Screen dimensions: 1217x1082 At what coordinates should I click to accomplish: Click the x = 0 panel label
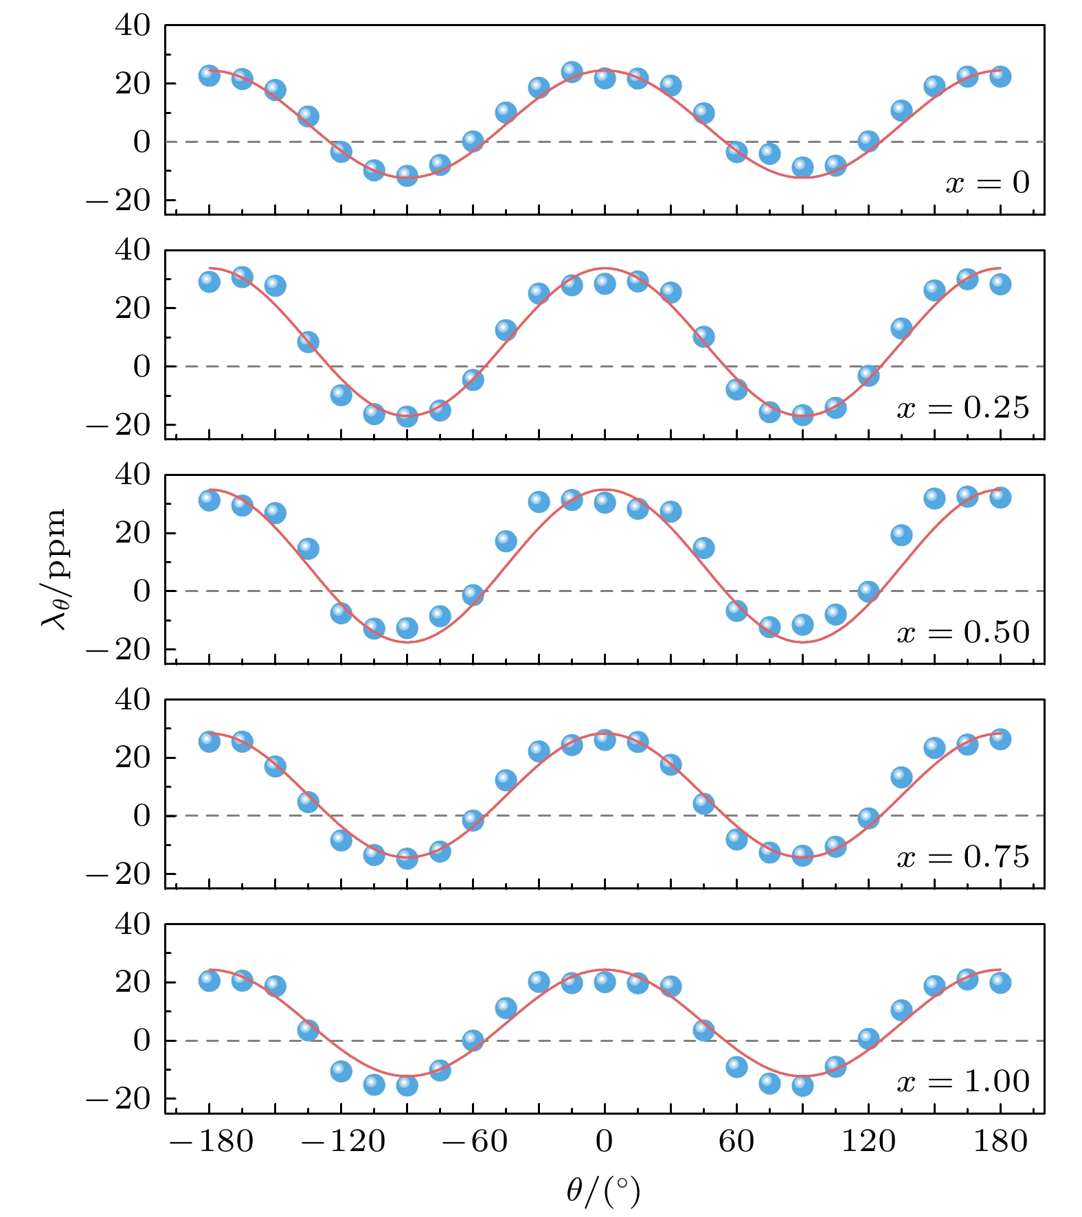pos(987,183)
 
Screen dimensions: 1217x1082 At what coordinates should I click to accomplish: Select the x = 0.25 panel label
pos(963,408)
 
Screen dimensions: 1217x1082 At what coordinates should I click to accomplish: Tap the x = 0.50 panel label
pos(963,633)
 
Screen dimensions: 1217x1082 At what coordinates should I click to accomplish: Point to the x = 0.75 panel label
pos(963,857)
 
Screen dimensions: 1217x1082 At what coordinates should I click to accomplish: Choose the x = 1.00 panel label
pos(963,1082)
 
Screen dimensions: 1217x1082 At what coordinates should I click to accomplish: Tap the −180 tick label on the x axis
pos(211,1141)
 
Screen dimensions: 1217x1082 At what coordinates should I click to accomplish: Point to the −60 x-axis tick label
pos(474,1141)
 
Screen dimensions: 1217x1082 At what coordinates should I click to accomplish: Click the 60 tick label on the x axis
pos(736,1141)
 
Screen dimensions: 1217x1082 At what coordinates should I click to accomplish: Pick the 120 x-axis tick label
pos(868,1141)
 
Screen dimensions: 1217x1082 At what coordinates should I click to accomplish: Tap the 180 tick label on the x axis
pos(1000,1141)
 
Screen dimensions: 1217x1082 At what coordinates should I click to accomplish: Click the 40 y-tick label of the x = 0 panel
pos(133,26)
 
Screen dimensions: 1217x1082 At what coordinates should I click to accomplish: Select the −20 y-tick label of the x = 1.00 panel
pos(118,1100)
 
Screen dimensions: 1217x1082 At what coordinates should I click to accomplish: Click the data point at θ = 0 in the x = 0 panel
pos(605,78)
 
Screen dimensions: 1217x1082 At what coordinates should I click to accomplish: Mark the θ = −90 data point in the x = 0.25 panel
pos(407,416)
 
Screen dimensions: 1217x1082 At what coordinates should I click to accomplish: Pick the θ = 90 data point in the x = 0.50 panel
pos(802,625)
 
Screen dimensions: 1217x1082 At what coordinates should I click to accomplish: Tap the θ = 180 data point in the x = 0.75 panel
pos(1000,740)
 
